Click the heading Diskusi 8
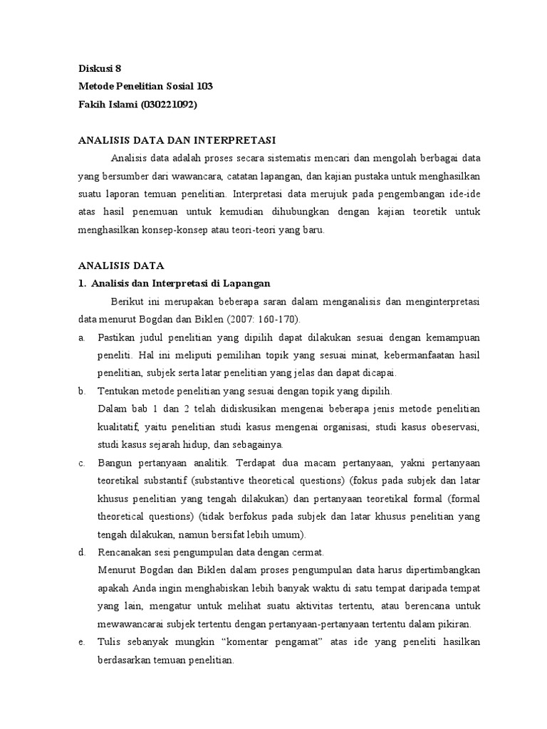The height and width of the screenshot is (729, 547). [100, 69]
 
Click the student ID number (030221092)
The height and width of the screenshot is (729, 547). [169, 104]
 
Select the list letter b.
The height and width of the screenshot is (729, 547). [82, 391]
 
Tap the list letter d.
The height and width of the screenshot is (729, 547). [82, 552]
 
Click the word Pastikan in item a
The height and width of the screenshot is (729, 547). [117, 336]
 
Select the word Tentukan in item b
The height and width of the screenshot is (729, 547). [119, 391]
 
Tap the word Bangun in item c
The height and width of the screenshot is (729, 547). [115, 463]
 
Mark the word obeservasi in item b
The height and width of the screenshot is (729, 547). [454, 427]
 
